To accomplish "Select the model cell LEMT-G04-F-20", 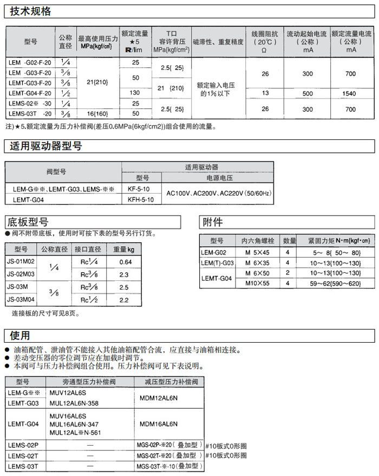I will [x=30, y=93].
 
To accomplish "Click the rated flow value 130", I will [x=135, y=93].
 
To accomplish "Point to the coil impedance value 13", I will [x=265, y=93].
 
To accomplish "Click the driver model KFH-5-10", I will [x=142, y=200].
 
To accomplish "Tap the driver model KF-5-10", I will [x=142, y=189].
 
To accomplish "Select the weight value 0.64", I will [x=125, y=262].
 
